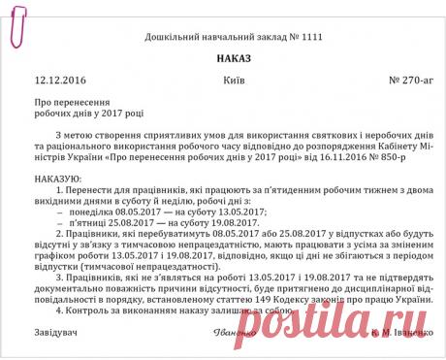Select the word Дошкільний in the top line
click(172, 38)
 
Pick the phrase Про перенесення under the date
click(69, 102)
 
